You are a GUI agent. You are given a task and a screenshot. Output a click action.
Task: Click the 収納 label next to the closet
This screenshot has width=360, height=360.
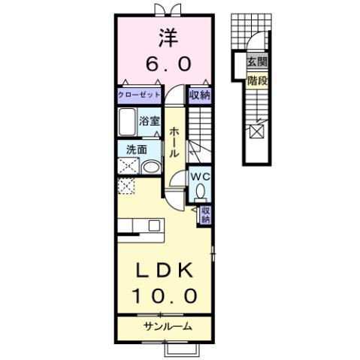pyautogui.click(x=199, y=95)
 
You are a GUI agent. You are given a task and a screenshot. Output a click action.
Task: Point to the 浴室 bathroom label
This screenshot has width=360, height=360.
pyautogui.click(x=148, y=120)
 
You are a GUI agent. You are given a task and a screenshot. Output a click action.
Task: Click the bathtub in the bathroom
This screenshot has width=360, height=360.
pyautogui.click(x=126, y=123)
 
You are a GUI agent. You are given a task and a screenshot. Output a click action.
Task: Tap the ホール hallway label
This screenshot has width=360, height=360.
pyautogui.click(x=174, y=141)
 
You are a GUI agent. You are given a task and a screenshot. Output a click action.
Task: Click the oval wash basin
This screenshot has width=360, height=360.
pyautogui.click(x=150, y=166)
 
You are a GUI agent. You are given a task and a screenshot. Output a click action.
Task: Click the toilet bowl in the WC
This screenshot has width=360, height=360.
pyautogui.click(x=200, y=193)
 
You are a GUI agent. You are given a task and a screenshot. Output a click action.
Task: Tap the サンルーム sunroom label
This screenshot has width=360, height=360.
pyautogui.click(x=167, y=326)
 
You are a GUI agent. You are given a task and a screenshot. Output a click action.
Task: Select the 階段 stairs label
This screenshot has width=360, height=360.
pyautogui.click(x=256, y=77)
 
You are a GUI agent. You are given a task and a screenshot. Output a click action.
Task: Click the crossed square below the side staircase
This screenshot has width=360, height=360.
pyautogui.click(x=256, y=132)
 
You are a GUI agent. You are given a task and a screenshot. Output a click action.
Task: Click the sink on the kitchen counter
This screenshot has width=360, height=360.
pyautogui.click(x=154, y=225)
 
